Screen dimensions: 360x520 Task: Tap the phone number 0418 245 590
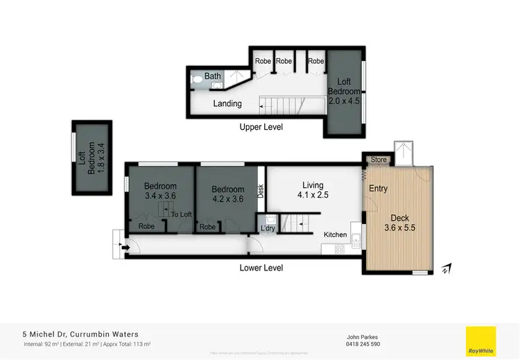click(363, 344)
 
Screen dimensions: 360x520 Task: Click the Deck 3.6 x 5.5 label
click(399, 222)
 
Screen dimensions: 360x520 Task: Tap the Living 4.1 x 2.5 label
click(313, 190)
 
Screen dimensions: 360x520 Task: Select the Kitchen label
click(335, 234)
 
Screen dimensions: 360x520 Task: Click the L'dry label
click(268, 228)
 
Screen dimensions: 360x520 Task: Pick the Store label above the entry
click(379, 160)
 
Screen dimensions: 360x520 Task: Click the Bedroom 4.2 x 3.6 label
click(228, 194)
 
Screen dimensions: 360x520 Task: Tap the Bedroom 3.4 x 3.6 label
click(160, 191)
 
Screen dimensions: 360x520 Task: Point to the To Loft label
click(181, 214)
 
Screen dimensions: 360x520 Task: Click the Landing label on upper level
click(227, 104)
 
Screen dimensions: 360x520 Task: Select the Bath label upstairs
click(212, 76)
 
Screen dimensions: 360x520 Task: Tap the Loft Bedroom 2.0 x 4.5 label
click(344, 91)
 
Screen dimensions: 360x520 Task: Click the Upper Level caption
click(261, 127)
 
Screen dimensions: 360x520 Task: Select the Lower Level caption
click(261, 267)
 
